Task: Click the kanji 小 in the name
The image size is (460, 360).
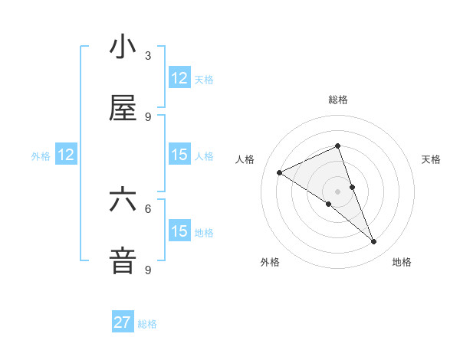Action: point(123,47)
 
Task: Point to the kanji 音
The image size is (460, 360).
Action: point(123,260)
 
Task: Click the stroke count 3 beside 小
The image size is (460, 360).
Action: point(148,56)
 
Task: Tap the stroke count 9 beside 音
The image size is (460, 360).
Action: point(148,270)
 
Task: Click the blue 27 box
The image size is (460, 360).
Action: point(123,322)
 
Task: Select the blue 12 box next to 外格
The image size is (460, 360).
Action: point(66,155)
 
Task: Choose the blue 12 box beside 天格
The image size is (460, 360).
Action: point(179,78)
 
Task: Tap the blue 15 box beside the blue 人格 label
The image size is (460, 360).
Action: point(179,155)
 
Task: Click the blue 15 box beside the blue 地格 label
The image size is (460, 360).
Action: point(179,231)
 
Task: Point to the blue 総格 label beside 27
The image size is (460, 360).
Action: point(148,324)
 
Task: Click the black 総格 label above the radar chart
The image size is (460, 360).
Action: point(338,100)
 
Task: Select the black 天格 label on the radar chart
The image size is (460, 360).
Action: point(432,159)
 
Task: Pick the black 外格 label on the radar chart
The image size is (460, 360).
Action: point(270,262)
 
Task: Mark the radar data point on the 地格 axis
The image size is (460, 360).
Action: point(374,242)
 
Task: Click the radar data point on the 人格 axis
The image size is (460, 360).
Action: point(280,172)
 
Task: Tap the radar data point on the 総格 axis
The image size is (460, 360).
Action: point(338,146)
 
